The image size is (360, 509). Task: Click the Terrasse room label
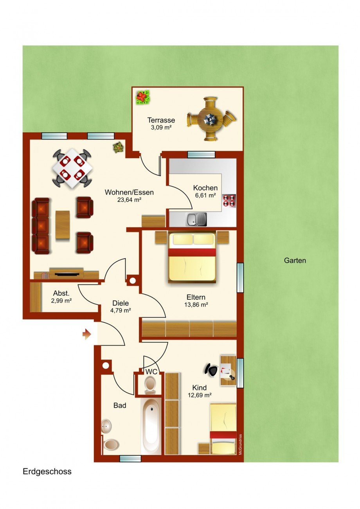pos(161,120)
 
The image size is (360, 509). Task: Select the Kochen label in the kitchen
pos(205,188)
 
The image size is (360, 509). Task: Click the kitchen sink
pos(196,219)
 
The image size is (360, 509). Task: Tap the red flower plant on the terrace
pos(143,97)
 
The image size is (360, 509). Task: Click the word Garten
pos(295,260)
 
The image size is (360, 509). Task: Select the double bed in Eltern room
pos(192,257)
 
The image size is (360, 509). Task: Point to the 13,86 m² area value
pos(196,305)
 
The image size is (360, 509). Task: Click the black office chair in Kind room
pos(212,369)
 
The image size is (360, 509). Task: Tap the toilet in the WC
pos(150,384)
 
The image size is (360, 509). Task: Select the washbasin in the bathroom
pos(106,426)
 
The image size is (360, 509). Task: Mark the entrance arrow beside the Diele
pos(86,334)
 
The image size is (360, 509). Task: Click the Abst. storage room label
pos(61,293)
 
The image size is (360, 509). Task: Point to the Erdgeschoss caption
pos(47,471)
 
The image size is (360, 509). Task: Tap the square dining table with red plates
pos(73,167)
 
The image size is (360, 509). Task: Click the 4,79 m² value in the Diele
pos(121,311)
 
